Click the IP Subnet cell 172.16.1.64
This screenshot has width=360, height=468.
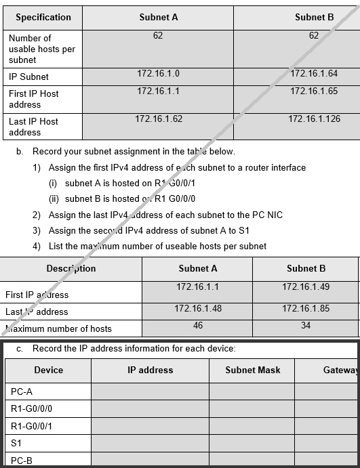click(x=313, y=73)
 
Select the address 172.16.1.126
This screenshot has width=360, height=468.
click(x=314, y=119)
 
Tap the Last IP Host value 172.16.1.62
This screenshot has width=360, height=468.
click(x=159, y=119)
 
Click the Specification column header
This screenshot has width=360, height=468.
click(x=43, y=17)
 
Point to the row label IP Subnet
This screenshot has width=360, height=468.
click(x=28, y=77)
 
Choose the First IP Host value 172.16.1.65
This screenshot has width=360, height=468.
click(x=313, y=91)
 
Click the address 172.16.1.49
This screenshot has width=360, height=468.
click(x=306, y=286)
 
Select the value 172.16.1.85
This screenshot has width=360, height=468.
click(x=306, y=308)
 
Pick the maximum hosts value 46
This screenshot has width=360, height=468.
click(x=198, y=325)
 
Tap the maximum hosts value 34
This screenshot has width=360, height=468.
click(x=306, y=325)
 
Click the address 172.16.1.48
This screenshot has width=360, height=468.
click(x=198, y=308)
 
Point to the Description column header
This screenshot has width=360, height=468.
click(x=71, y=268)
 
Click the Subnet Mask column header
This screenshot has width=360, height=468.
click(x=253, y=370)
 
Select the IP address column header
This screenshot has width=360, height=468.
click(x=151, y=370)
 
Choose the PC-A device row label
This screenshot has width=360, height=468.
click(x=22, y=391)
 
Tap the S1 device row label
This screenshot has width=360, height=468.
click(x=16, y=442)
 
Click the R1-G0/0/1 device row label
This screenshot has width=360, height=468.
click(x=32, y=425)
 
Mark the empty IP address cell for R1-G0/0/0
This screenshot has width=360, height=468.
click(x=150, y=408)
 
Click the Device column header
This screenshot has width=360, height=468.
click(x=48, y=370)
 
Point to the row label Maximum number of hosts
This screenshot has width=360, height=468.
click(x=58, y=328)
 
